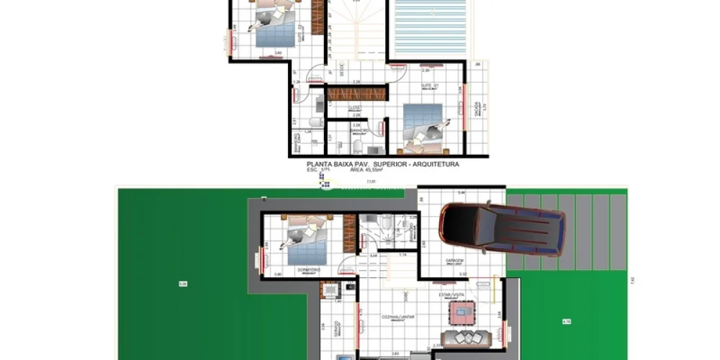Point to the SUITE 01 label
431,85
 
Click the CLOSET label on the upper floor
355,107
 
